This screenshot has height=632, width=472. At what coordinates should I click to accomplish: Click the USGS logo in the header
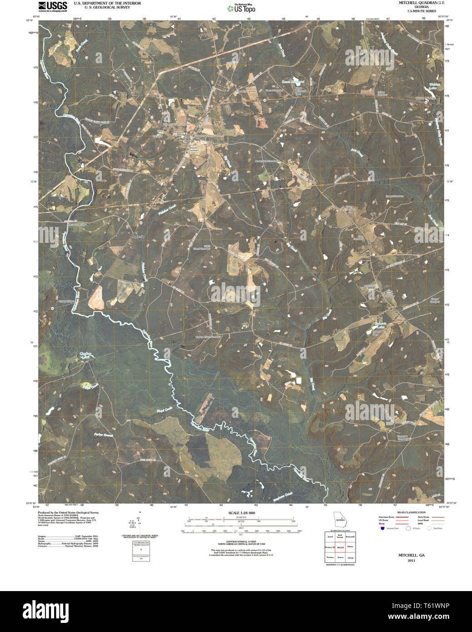click(53, 6)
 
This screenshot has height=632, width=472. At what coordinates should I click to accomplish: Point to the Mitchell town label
click(186, 139)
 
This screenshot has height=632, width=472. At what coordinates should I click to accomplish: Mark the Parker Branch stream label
click(102, 435)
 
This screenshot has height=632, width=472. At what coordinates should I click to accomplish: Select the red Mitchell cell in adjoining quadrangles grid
click(340, 547)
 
